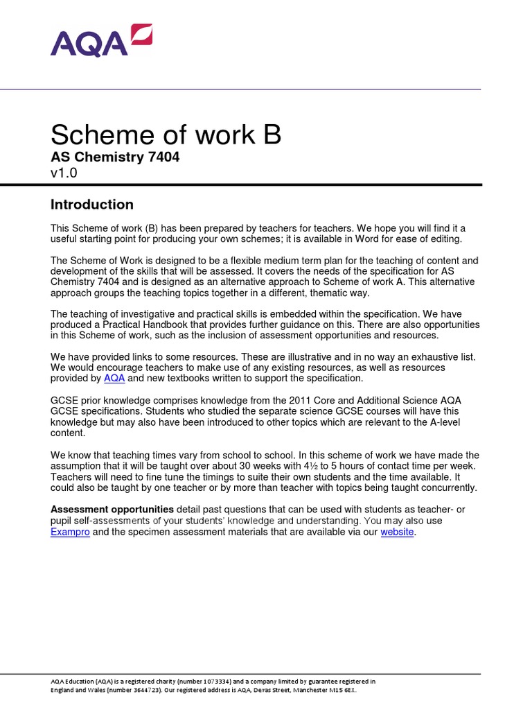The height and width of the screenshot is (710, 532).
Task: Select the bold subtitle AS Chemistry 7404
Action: tap(115, 157)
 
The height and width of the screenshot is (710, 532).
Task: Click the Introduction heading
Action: tap(92, 205)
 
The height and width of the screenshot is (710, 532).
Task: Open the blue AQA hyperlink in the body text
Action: tap(114, 379)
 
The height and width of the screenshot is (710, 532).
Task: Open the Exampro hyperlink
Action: tap(70, 532)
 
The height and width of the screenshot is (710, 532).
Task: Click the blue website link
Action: tap(397, 532)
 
